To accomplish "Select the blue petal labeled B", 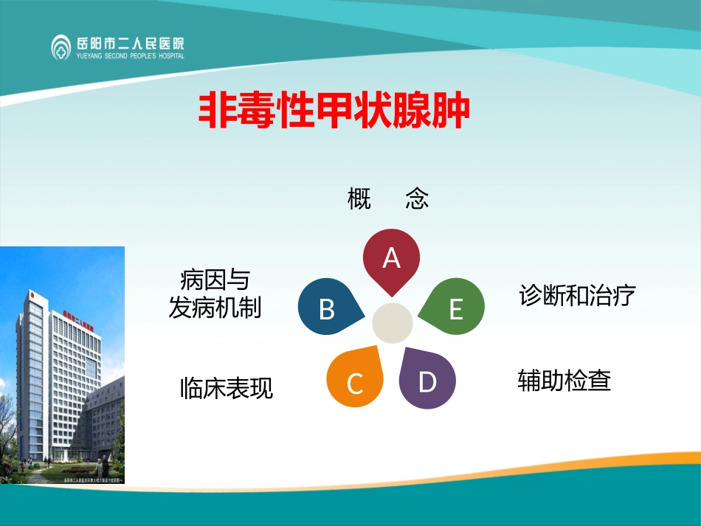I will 328,308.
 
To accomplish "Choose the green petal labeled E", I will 455,308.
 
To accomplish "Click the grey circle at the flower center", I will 392,322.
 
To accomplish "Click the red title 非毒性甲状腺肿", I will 334,111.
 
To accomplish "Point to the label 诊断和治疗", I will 578,296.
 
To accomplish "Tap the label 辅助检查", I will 564,381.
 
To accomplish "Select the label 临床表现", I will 227,388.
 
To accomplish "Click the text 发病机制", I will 215,308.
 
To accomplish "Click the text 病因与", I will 215,280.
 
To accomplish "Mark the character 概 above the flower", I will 359,198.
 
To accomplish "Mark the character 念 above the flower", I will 417,198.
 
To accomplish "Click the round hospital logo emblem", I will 62,46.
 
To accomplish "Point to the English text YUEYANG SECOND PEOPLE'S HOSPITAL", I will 131,55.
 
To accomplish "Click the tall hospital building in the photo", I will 55,369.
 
